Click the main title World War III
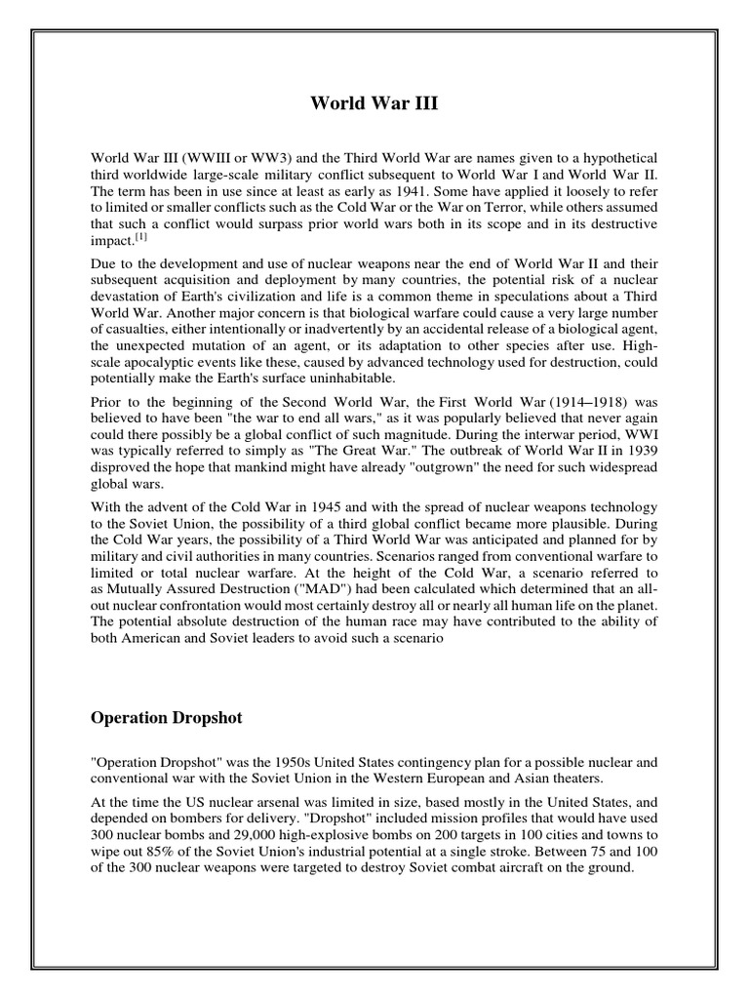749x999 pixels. coord(374,102)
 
